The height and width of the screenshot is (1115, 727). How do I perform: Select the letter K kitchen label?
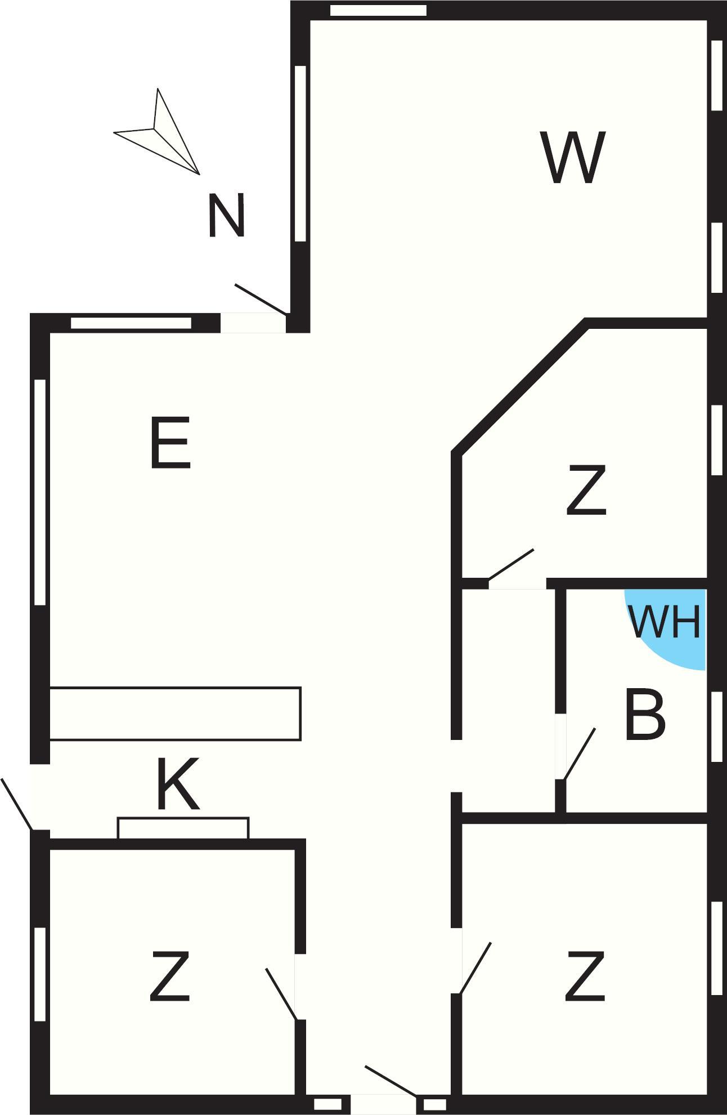[178, 783]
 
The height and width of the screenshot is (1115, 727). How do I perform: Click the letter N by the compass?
[226, 215]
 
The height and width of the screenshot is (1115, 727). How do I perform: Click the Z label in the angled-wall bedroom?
[586, 489]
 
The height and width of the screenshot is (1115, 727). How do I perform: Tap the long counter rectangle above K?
[176, 713]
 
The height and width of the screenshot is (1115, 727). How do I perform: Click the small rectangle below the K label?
[183, 828]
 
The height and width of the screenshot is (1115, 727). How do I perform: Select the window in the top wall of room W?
[378, 10]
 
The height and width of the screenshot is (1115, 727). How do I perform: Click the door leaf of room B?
[579, 753]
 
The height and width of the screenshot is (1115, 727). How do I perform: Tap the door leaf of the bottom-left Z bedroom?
[281, 994]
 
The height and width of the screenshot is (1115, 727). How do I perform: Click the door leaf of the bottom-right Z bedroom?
[475, 967]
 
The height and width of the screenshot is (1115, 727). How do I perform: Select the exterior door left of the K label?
[17, 804]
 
